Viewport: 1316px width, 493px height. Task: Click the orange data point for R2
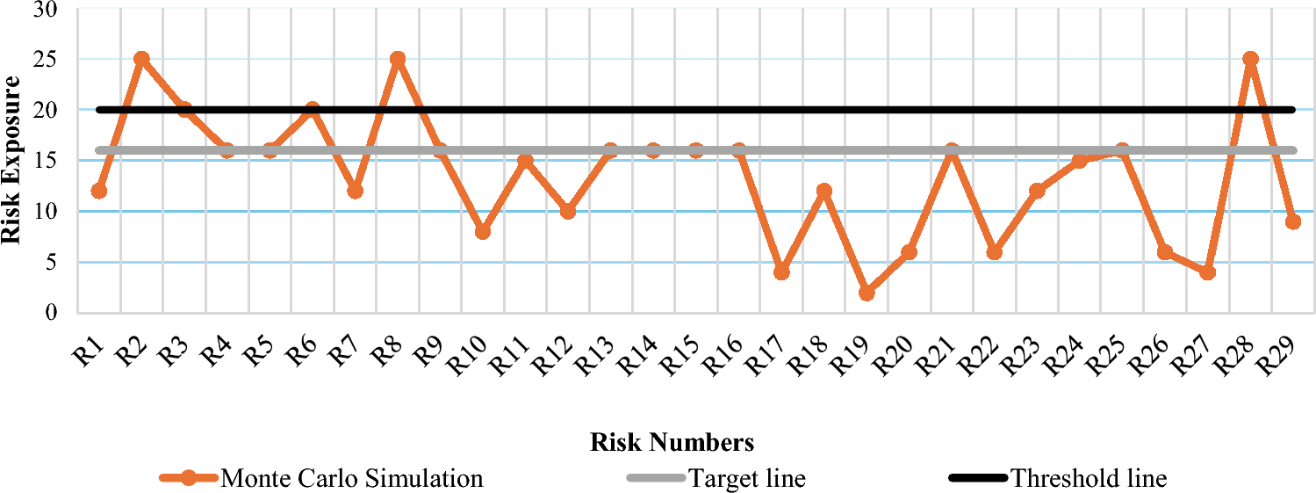(141, 59)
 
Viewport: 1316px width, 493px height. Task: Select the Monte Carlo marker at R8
(398, 59)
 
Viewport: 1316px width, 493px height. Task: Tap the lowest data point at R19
(867, 293)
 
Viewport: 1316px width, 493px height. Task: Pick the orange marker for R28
(1250, 59)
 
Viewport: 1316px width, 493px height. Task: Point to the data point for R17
(781, 272)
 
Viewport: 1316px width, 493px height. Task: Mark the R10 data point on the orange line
(483, 232)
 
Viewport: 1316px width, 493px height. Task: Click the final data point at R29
(1292, 221)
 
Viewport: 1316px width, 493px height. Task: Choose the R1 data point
(99, 191)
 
